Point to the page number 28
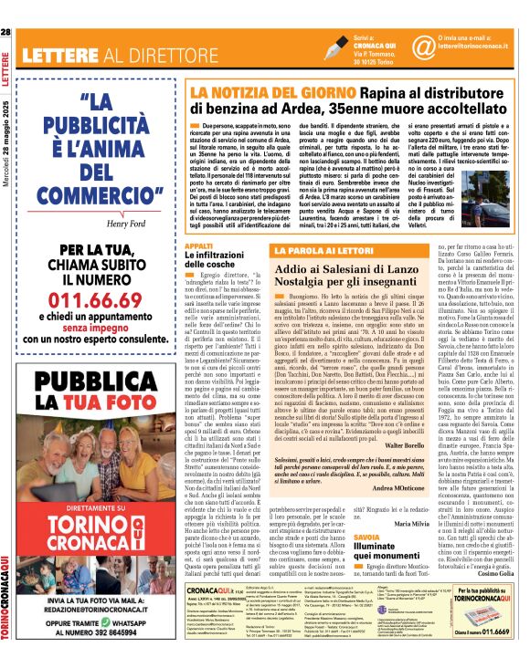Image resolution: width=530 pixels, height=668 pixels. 6,32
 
